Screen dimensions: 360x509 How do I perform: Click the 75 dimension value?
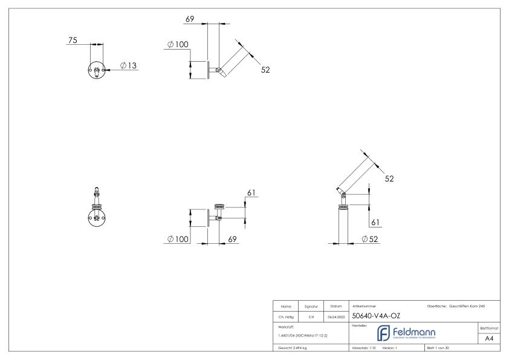tap(73, 41)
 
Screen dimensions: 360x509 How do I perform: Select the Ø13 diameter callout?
tap(128, 65)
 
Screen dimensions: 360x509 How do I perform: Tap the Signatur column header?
tap(312, 306)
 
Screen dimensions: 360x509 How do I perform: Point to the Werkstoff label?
tap(287, 326)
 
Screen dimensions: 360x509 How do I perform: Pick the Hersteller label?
tap(359, 326)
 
